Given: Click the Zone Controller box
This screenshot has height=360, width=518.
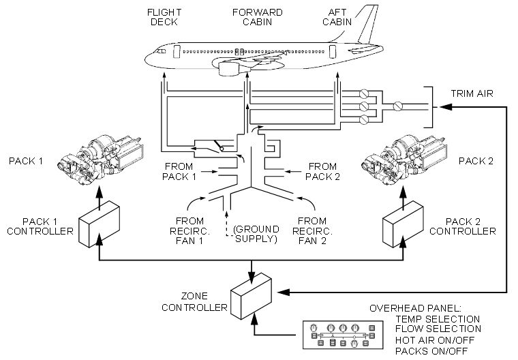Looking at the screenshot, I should [251, 295].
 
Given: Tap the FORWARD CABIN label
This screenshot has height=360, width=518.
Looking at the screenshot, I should [258, 16].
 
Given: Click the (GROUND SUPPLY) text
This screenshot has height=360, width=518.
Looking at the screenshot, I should [256, 235].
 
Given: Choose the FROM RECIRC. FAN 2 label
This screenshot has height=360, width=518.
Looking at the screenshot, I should [313, 230].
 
